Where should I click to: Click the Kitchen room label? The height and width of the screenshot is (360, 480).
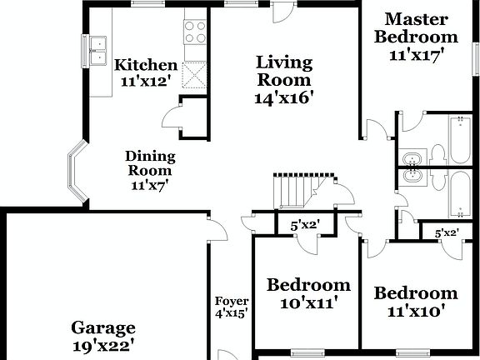click(145, 65)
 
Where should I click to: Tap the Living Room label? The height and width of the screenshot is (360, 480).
click(283, 71)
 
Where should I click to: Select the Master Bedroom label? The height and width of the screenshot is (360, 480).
click(416, 27)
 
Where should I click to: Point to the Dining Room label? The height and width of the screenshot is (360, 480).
click(149, 163)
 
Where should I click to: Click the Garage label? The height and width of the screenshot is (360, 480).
click(103, 327)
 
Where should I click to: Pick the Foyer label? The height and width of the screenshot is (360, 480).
click(232, 302)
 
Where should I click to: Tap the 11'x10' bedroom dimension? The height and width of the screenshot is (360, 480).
click(415, 311)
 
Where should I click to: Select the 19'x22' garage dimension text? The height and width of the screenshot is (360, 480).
click(103, 345)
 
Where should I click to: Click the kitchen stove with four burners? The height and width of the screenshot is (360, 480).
click(195, 32)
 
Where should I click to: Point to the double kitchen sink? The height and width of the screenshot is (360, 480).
click(99, 51)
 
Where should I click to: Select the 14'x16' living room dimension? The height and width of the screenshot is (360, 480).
click(283, 97)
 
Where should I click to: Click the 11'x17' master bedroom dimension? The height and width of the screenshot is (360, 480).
click(416, 56)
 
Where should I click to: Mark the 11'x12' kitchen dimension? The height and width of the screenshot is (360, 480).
click(145, 82)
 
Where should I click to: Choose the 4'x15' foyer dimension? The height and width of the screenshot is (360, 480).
click(232, 315)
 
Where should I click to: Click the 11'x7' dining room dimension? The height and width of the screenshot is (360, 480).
click(149, 186)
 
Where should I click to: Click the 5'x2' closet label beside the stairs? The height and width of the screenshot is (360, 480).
click(305, 225)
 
